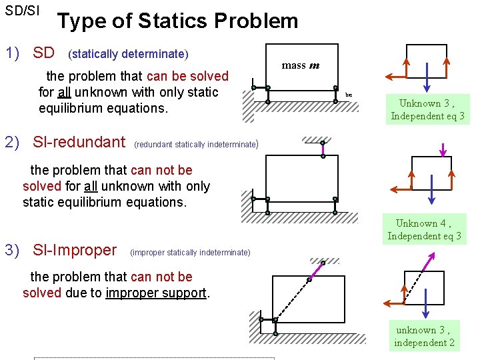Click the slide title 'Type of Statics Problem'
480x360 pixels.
click(x=177, y=21)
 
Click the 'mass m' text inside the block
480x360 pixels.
click(x=300, y=65)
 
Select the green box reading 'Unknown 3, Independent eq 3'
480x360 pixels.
click(x=428, y=109)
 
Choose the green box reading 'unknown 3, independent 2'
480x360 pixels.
click(x=424, y=336)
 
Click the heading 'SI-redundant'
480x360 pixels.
click(x=79, y=141)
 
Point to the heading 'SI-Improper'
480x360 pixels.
click(x=74, y=250)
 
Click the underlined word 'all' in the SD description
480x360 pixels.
click(x=64, y=92)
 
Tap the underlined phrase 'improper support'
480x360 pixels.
click(x=156, y=293)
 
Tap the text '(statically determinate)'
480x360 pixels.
click(x=129, y=53)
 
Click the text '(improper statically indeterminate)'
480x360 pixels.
click(x=191, y=252)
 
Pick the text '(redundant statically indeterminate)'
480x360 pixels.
click(x=196, y=144)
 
